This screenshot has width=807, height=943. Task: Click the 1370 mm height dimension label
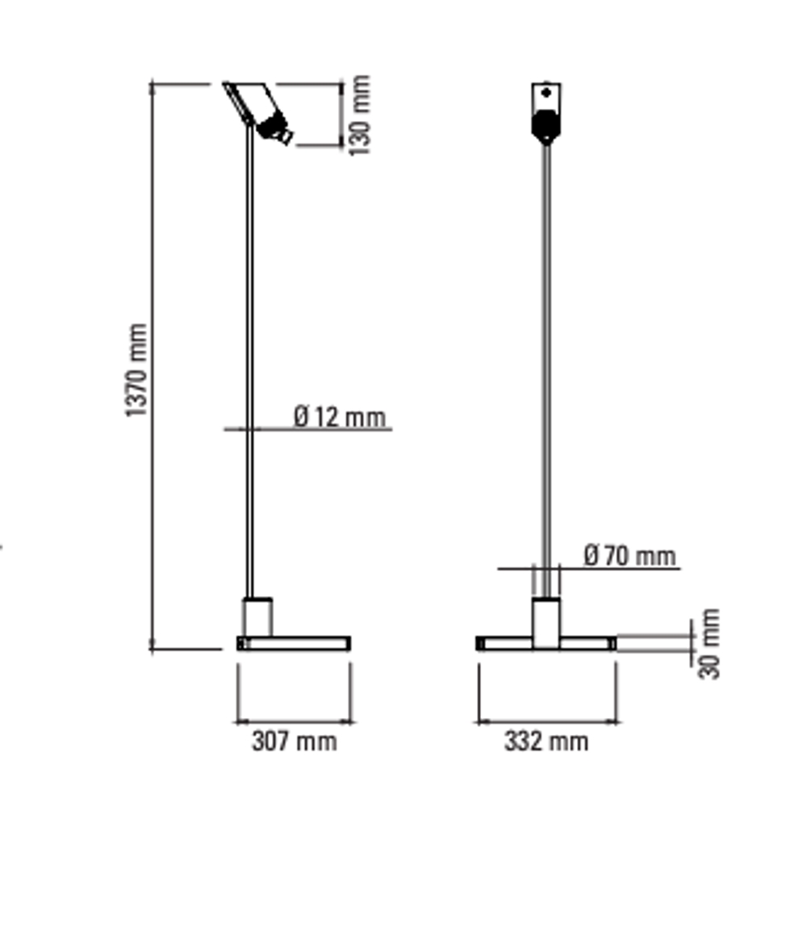tap(136, 370)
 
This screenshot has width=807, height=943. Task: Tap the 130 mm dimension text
tap(359, 115)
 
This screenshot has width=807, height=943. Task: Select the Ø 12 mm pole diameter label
tap(340, 417)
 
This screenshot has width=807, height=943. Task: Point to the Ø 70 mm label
tap(629, 555)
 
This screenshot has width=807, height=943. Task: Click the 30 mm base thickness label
tap(709, 644)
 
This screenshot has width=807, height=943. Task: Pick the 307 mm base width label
tap(295, 741)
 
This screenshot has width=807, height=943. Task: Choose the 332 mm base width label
tap(546, 741)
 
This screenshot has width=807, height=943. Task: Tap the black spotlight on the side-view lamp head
tap(274, 128)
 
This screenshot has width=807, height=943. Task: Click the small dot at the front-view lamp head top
tap(546, 93)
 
